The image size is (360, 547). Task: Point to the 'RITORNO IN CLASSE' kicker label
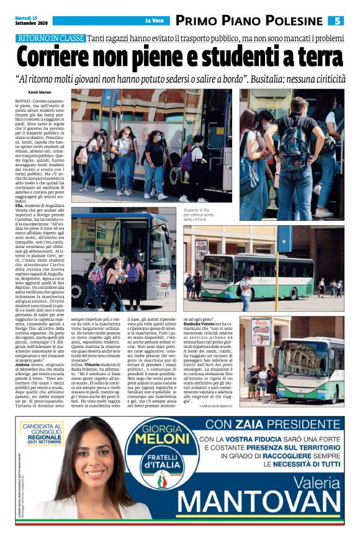pyautogui.click(x=52, y=38)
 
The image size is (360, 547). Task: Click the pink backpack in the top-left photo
pyautogui.click(x=82, y=156)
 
